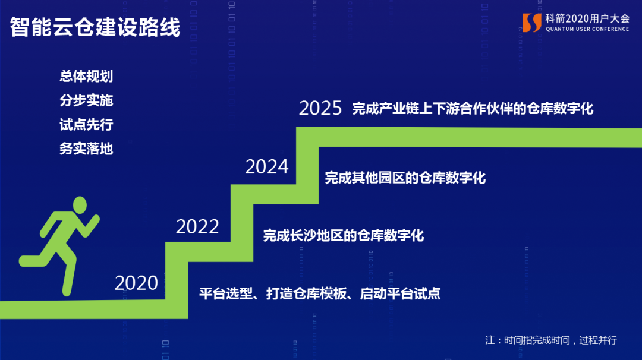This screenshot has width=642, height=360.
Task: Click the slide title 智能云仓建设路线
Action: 95,27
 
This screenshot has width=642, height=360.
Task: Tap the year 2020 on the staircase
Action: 136,283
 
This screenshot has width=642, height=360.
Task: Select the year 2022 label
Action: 197,227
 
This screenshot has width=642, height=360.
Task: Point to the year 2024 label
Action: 267,166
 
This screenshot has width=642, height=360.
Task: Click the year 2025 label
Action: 320,108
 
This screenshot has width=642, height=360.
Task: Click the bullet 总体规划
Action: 86,76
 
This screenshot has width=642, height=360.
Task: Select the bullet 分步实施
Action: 86,100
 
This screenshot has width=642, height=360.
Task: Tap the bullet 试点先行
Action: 86,124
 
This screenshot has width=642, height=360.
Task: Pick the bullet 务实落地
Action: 86,149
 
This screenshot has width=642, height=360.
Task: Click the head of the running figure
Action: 80,204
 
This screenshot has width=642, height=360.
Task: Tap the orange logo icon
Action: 532,23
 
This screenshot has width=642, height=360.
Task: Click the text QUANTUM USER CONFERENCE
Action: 587,29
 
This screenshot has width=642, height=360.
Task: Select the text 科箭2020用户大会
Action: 587,18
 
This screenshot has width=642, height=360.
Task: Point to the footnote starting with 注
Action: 550,340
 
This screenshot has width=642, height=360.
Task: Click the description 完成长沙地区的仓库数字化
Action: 344,235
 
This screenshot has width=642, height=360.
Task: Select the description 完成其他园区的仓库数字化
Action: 405,178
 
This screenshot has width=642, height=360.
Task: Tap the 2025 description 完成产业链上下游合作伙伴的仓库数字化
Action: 473,108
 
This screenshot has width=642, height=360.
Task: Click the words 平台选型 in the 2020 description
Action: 226,293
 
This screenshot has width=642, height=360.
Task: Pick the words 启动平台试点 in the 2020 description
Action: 401,293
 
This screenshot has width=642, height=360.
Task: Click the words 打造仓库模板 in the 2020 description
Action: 306,293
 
